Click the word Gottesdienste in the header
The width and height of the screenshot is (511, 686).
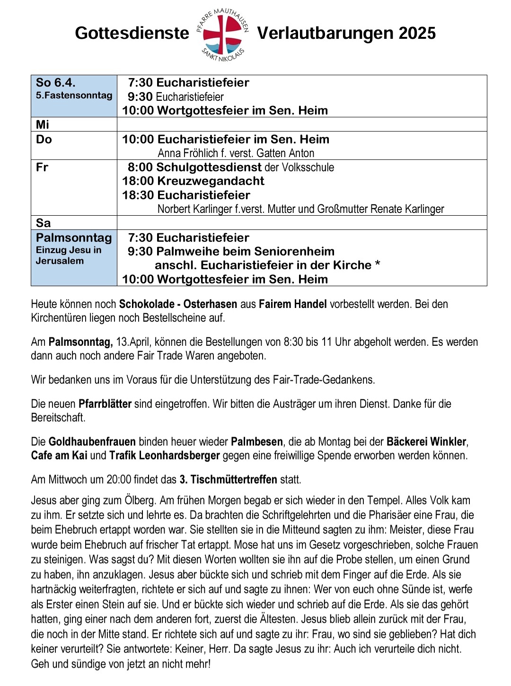pos(132,33)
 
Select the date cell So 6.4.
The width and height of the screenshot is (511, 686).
pos(56,83)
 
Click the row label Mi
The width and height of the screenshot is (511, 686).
pos(43,125)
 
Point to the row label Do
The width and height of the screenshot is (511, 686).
pos(44,140)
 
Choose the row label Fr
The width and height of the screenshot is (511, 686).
pos(42,167)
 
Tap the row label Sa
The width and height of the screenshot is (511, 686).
pos(43,223)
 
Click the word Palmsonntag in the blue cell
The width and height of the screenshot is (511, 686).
pos(74,237)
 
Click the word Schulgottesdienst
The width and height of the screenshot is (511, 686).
pos(209,167)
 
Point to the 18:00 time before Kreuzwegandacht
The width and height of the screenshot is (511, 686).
pos(138,181)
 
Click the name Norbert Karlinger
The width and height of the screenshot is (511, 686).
pos(195,209)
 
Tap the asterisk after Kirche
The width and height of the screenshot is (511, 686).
pos(378,264)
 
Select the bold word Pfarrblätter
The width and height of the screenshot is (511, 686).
pos(105,404)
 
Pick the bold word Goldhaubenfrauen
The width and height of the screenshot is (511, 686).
pos(92,442)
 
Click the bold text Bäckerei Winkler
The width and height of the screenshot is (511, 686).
pos(426,442)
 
